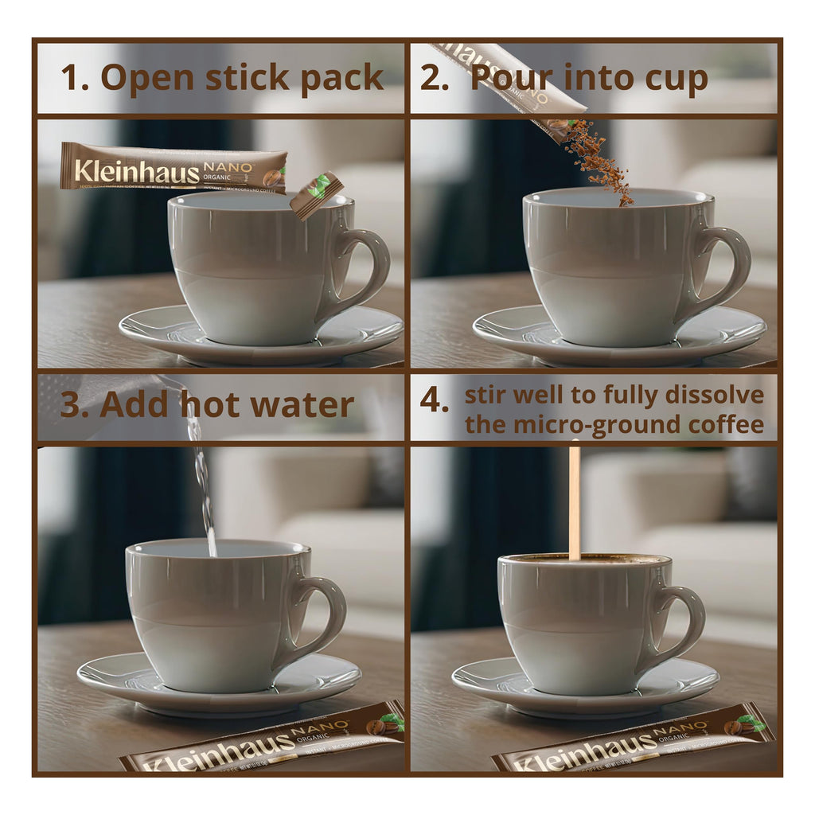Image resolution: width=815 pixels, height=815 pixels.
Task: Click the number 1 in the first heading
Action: [x=73, y=79]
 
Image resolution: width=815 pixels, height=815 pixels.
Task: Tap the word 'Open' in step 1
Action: [x=147, y=79]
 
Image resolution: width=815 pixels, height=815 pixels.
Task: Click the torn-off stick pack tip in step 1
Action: [x=316, y=193]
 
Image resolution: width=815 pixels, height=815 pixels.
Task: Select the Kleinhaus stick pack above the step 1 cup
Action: [x=174, y=168]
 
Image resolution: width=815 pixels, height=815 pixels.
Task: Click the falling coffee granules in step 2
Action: [x=602, y=159]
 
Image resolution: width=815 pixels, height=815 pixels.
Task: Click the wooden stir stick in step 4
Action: [x=574, y=501]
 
